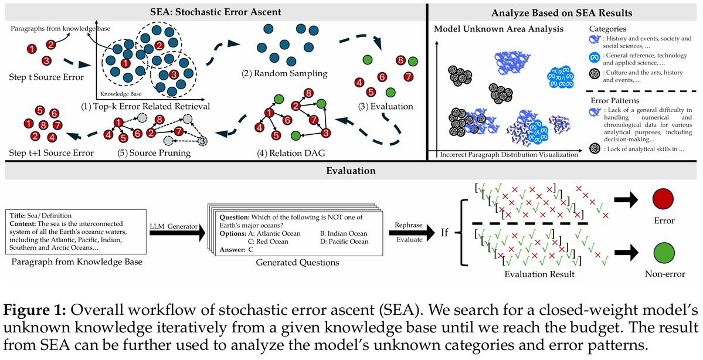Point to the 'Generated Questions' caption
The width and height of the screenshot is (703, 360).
tap(289, 262)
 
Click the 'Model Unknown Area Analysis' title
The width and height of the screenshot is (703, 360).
tap(498, 29)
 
